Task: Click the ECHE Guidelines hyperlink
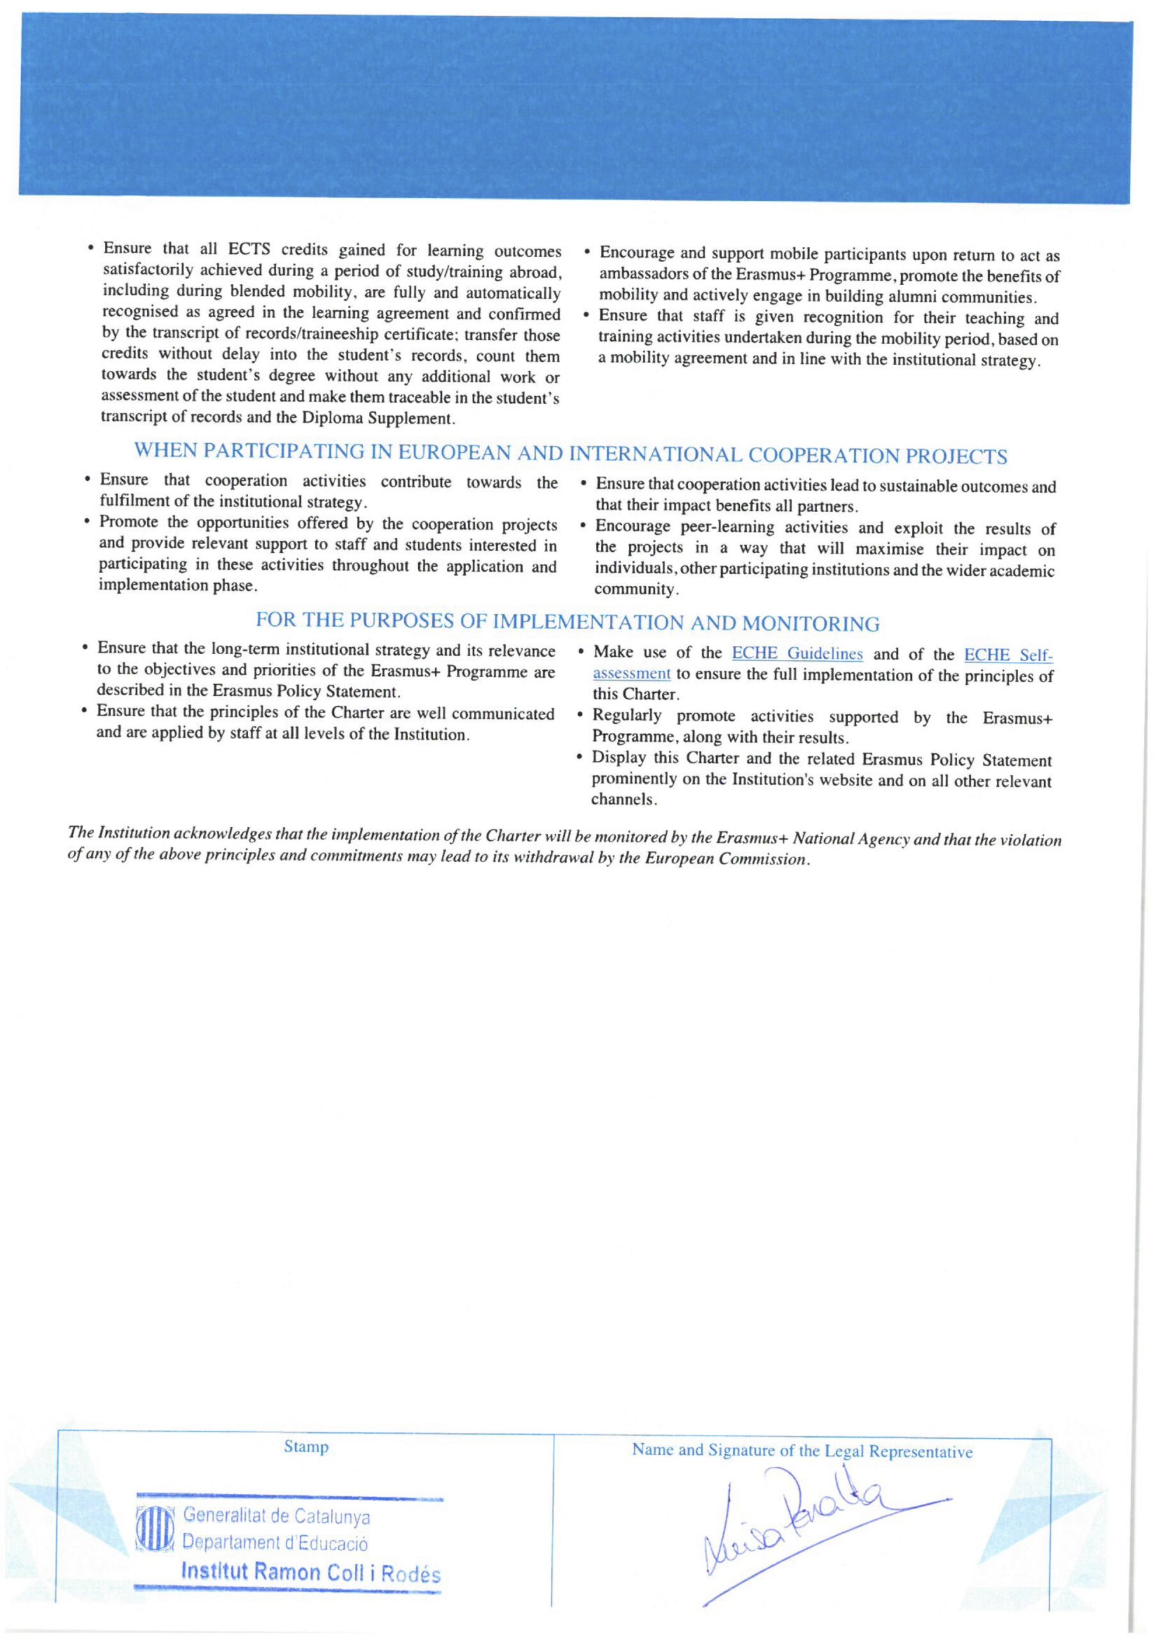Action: click(797, 654)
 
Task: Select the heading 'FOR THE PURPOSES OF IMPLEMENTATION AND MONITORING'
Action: click(568, 623)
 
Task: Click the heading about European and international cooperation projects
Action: click(570, 454)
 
